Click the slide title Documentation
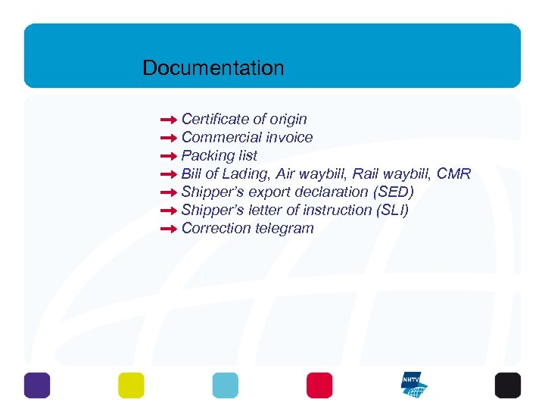[213, 68]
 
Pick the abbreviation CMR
[453, 174]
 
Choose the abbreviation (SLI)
[391, 210]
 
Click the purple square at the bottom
[37, 385]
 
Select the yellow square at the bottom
[131, 385]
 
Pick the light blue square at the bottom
[225, 385]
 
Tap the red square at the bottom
[319, 385]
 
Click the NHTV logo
[414, 385]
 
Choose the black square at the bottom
[508, 385]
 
